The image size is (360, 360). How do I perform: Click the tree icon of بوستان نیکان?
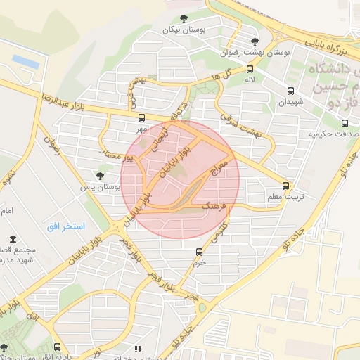tap(184, 18)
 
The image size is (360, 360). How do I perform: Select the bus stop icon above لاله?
tap(250, 69)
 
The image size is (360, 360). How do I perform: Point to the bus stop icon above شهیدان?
tap(290, 91)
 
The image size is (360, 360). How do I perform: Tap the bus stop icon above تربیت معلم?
tap(285, 186)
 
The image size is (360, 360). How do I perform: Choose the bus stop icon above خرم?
tap(199, 251)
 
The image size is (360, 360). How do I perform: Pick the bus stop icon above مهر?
tap(142, 117)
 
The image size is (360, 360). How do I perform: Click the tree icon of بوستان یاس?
tap(98, 176)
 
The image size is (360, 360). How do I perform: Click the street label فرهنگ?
tap(215, 205)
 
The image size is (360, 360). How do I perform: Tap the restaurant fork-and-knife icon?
tap(138, 348)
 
